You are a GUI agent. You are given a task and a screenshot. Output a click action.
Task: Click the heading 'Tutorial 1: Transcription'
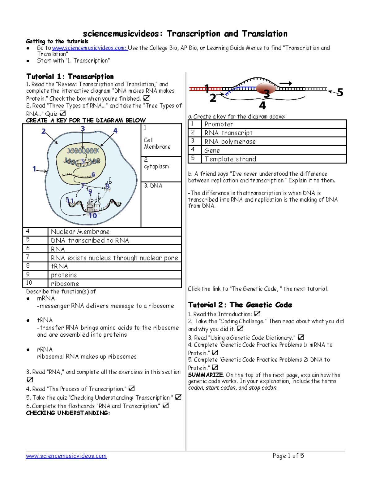[70, 77]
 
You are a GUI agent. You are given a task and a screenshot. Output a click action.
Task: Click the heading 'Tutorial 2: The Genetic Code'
[240, 305]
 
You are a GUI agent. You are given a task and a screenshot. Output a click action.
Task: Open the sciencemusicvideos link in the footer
[66, 456]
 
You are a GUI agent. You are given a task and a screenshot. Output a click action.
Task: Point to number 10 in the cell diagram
[93, 216]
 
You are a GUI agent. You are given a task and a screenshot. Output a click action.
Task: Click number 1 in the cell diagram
[34, 169]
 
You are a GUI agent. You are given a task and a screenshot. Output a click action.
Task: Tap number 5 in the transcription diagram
[340, 92]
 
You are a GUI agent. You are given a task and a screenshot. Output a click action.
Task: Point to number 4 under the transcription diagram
[262, 106]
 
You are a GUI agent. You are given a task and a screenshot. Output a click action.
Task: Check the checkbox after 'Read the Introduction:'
[257, 314]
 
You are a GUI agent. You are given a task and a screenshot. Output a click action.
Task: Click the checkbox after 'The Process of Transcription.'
[132, 388]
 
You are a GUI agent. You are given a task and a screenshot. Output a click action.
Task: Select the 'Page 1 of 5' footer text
[288, 456]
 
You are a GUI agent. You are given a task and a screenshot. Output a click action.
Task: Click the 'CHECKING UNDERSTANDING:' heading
[68, 413]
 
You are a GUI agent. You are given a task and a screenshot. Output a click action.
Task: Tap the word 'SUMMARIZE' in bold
[205, 375]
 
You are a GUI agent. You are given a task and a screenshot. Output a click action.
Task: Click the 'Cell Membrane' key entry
[157, 143]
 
